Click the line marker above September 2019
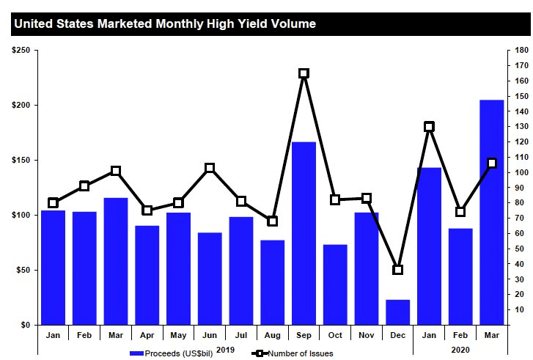304,73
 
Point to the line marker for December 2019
398,270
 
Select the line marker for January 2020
430,126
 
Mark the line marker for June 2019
210,168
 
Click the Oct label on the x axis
335,334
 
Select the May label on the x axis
178,334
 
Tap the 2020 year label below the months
460,350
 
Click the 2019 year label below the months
225,350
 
